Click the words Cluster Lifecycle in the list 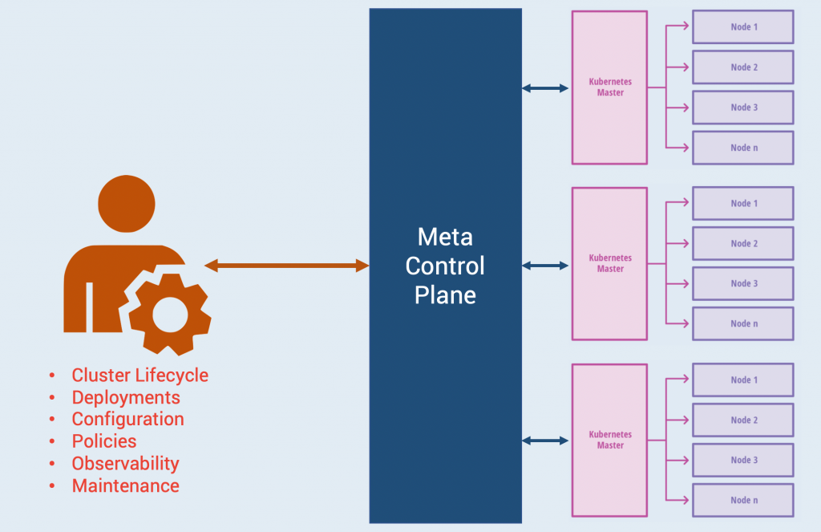(x=140, y=375)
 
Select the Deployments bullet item (x=126, y=397)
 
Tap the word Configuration (x=127, y=419)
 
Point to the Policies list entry (x=104, y=441)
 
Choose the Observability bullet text (x=125, y=463)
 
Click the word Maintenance (x=125, y=485)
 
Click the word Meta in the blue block (x=445, y=237)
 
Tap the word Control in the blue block (x=445, y=266)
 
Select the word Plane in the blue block (x=445, y=294)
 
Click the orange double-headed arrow (x=286, y=265)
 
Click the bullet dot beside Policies (x=52, y=442)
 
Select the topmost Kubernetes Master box (x=609, y=87)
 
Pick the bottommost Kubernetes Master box (x=609, y=441)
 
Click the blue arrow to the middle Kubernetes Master (x=545, y=265)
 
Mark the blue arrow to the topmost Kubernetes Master (x=545, y=87)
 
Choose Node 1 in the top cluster (x=742, y=27)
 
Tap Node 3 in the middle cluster (x=742, y=283)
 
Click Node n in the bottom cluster (x=742, y=500)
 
